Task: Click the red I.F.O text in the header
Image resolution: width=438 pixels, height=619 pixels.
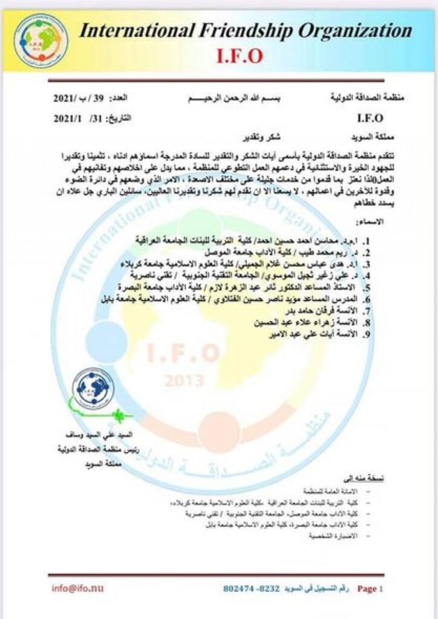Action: pos(241,56)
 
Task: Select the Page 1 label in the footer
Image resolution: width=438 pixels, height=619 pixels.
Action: pos(370,588)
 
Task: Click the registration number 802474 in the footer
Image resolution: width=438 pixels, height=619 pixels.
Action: pos(240,588)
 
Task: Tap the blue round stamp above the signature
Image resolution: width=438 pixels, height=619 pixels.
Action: pos(93,389)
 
